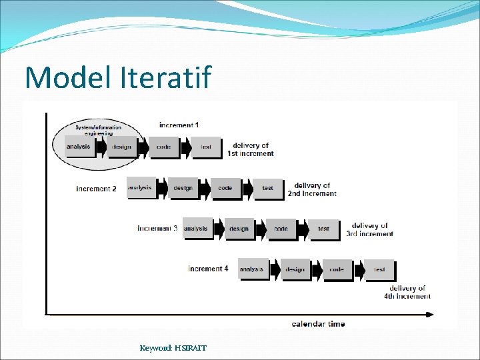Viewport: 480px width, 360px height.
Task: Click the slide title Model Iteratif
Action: coord(118,77)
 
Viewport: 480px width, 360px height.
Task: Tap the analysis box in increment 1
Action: coord(79,147)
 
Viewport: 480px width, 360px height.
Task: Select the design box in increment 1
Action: coord(121,147)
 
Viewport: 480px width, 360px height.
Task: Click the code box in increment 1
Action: coord(163,147)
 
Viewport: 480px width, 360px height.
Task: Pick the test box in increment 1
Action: coord(205,147)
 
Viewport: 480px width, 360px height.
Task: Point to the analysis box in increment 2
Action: coord(140,188)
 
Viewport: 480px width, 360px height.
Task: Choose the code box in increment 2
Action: coord(225,188)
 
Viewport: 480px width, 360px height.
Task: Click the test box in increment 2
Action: coord(268,188)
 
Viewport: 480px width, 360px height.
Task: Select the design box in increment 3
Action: coord(239,229)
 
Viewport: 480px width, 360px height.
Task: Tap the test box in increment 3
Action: coord(323,229)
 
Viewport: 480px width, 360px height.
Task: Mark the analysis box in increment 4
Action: coord(252,269)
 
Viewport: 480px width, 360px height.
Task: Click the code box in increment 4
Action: coord(337,269)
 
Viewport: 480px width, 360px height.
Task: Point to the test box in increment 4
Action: coord(379,269)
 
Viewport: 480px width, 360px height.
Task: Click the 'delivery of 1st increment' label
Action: coord(251,149)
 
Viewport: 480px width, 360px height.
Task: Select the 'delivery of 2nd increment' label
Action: coord(312,189)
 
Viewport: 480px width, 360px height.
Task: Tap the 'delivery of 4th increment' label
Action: coord(407,293)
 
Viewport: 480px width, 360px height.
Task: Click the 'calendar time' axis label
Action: coord(318,324)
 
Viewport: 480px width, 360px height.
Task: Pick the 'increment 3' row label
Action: coord(157,229)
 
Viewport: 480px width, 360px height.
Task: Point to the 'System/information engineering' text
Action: coord(98,130)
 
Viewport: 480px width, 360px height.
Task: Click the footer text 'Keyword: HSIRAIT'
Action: coord(173,347)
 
